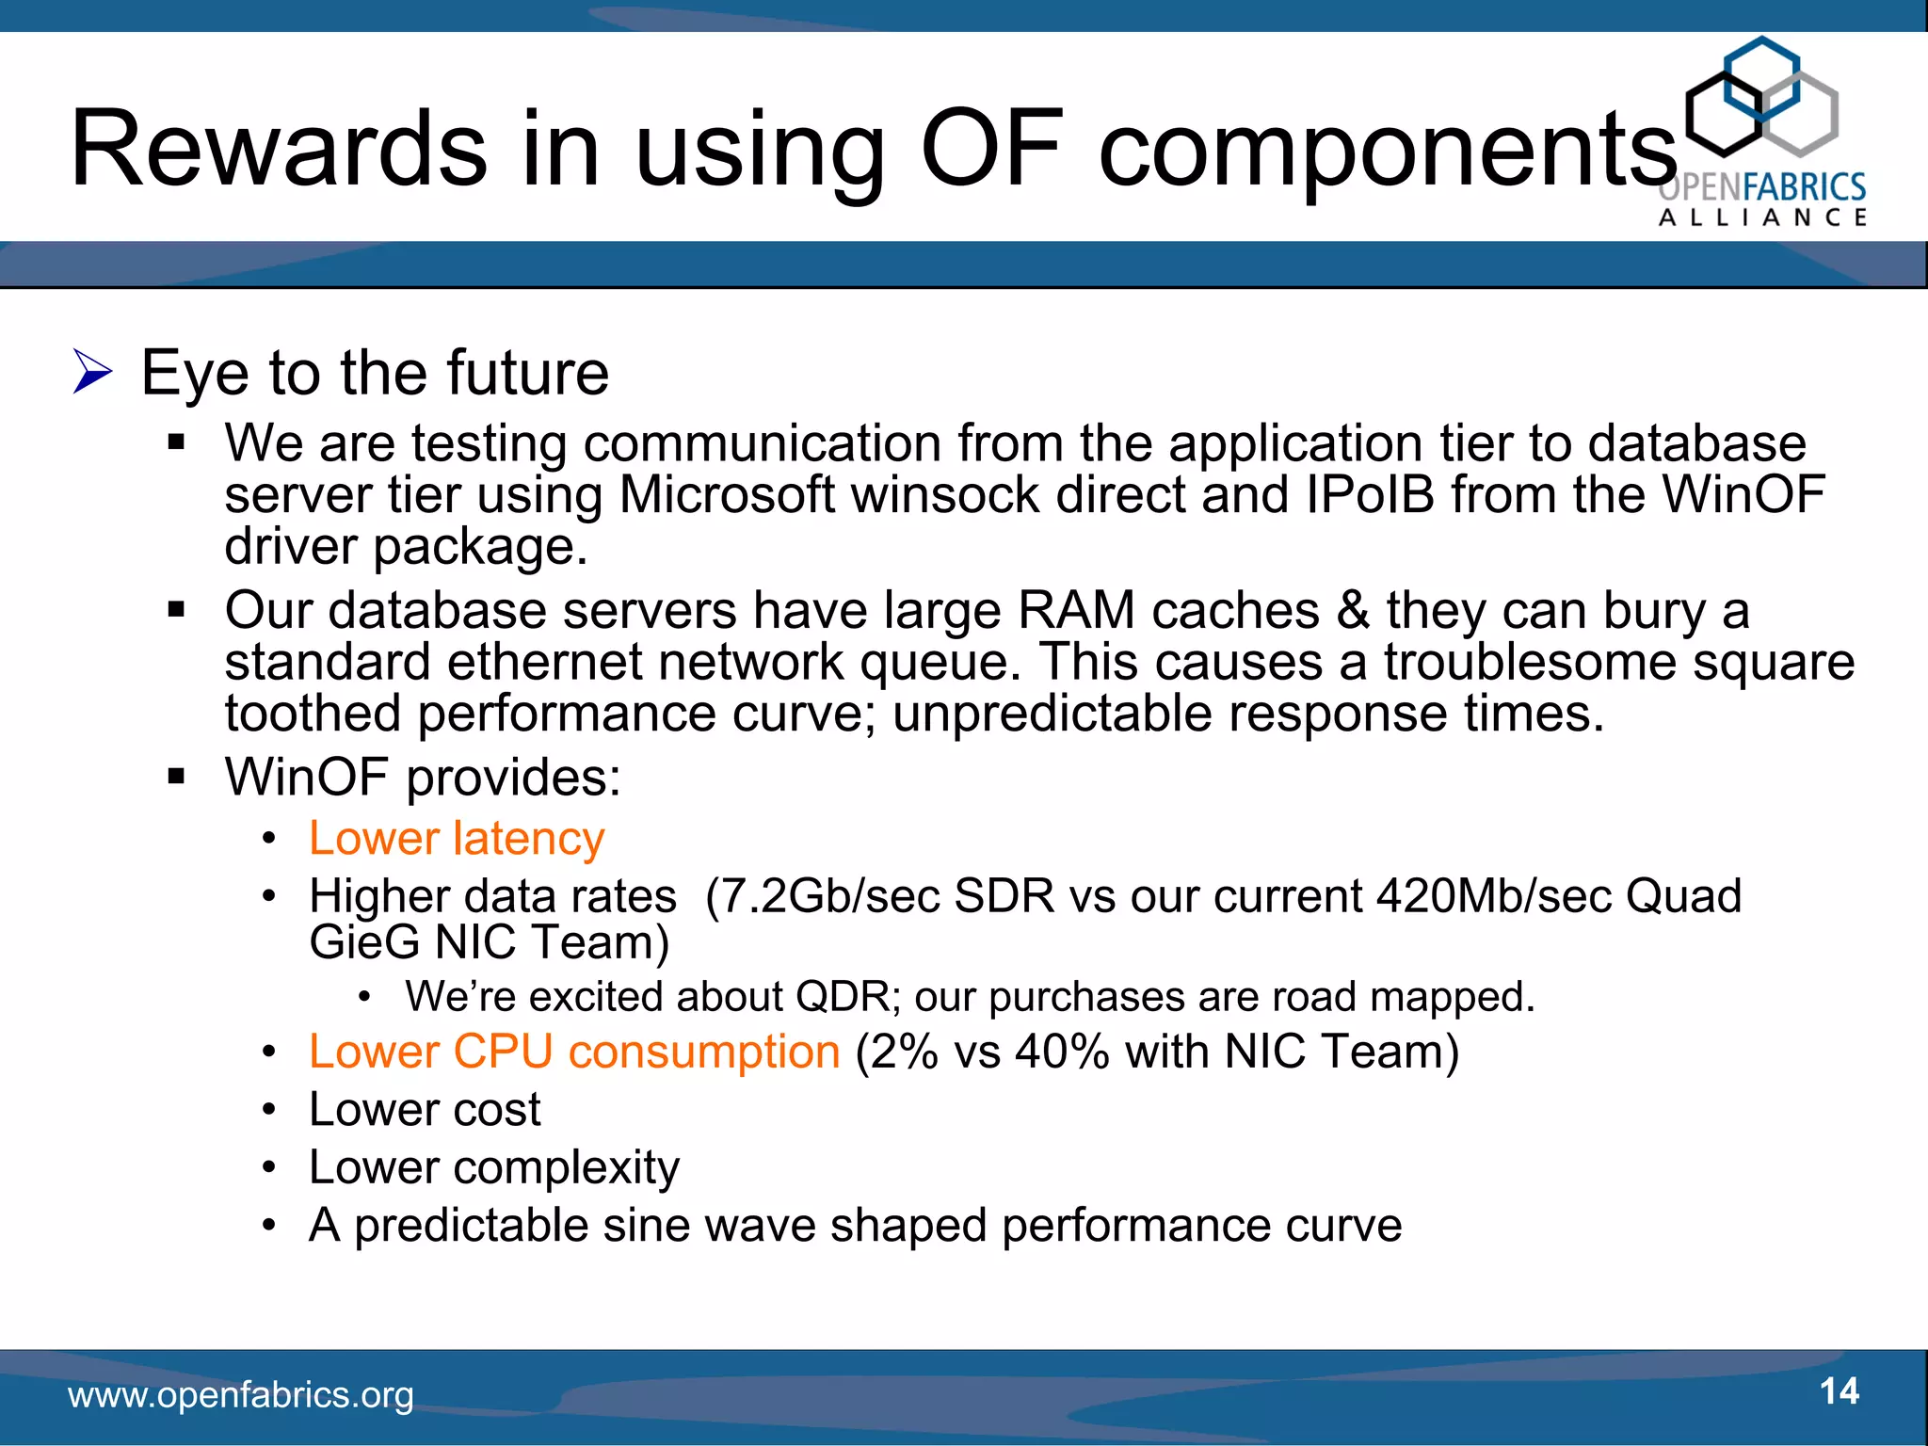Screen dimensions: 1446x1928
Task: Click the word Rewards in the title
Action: (279, 149)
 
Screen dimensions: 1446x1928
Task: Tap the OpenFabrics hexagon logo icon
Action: (1761, 98)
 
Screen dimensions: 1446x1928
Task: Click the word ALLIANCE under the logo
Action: (1762, 217)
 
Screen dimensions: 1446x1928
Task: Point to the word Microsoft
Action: (726, 495)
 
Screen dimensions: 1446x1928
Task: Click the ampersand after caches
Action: (1353, 610)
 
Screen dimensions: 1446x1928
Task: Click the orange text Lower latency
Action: (457, 838)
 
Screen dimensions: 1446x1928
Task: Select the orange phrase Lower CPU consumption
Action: (574, 1052)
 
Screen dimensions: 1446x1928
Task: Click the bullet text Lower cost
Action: (425, 1109)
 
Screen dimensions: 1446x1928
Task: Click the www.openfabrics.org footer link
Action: (241, 1394)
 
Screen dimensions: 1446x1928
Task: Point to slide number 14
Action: (1839, 1391)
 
